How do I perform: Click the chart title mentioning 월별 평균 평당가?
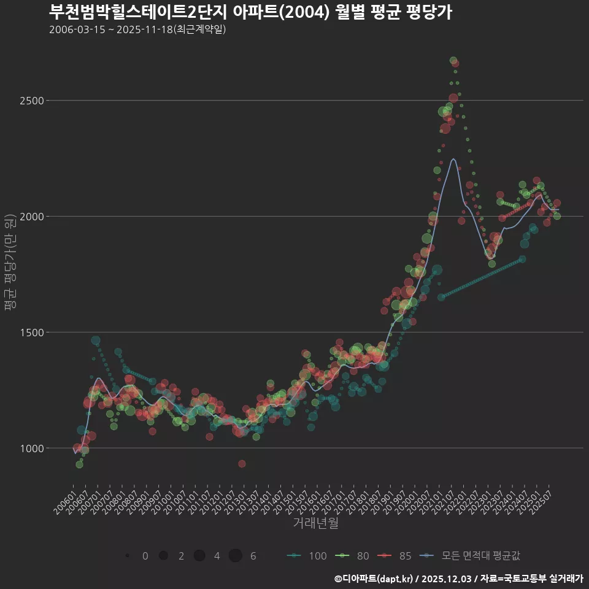(250, 12)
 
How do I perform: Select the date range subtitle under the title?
(137, 29)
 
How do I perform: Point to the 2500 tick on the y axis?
(31, 100)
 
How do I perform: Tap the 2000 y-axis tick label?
(31, 216)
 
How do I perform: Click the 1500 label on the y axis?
(31, 332)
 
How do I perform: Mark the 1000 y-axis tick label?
(31, 448)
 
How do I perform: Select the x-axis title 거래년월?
(315, 523)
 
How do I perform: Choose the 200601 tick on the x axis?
(64, 499)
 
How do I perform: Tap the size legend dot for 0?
(127, 556)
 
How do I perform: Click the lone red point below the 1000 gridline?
(242, 464)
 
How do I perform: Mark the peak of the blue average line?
(453, 159)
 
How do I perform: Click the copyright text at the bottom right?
(458, 578)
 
